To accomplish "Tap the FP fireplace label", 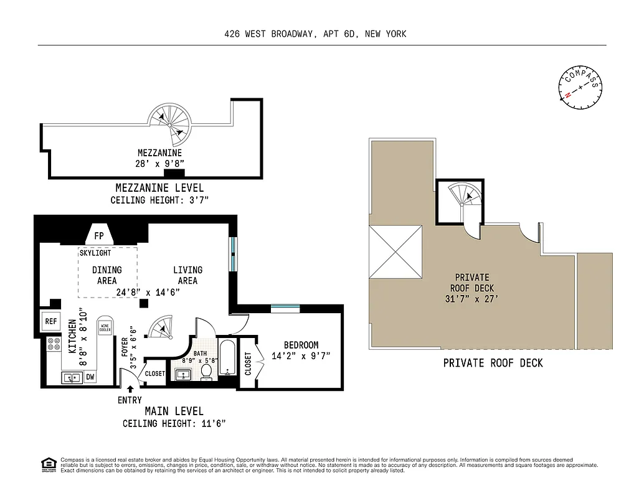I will coord(98,236).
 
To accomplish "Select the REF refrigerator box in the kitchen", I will coord(50,321).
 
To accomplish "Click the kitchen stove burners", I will coord(52,349).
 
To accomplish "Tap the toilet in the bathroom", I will coord(206,371).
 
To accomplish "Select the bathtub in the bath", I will coord(227,360).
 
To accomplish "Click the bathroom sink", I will coord(184,375).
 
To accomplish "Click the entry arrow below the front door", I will coord(130,389).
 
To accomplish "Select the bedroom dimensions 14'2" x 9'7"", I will coord(301,356).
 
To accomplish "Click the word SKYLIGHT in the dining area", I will coord(95,253).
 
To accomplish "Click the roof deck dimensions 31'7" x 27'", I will coord(471,298).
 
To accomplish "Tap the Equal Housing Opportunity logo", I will coord(47,464).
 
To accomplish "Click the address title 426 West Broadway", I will coord(315,34).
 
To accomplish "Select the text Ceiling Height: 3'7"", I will coord(159,200).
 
